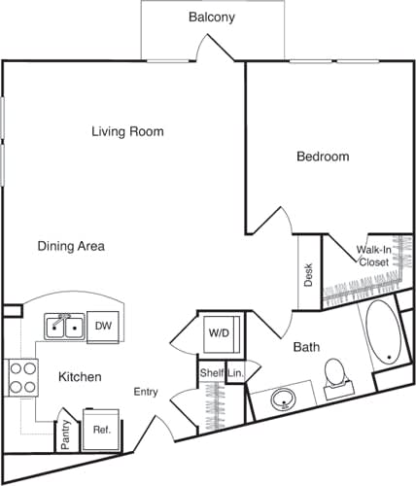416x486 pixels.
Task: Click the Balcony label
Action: (211, 17)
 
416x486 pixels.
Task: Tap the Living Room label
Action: (127, 131)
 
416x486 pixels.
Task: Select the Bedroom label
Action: (322, 156)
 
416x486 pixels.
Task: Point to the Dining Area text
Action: (71, 246)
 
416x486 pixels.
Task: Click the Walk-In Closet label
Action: (373, 256)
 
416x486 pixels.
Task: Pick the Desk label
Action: (308, 275)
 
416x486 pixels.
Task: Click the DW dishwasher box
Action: (103, 327)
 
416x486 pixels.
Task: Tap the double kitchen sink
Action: (63, 326)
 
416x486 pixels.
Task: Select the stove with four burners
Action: (21, 376)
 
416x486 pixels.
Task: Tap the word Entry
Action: (146, 392)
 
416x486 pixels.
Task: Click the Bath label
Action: (307, 346)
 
